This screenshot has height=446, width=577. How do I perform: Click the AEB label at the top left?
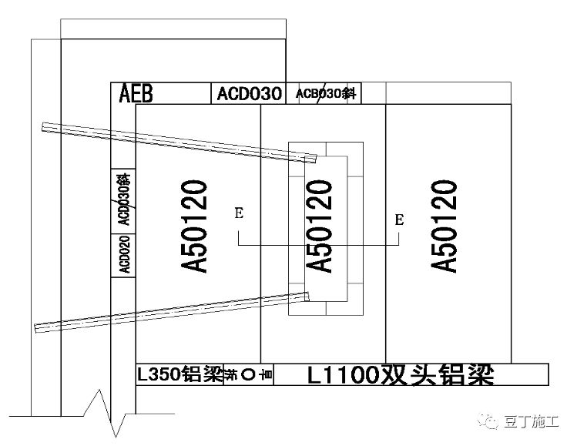(136, 94)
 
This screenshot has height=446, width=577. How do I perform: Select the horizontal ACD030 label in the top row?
(247, 94)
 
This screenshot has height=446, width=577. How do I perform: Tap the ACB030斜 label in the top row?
(324, 94)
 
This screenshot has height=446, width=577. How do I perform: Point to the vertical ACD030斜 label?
(123, 200)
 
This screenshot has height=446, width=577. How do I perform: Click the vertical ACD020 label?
(123, 253)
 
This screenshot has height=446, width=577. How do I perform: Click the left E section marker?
(239, 214)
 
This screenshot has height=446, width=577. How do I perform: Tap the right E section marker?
(399, 220)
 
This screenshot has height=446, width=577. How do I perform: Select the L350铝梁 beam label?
(179, 375)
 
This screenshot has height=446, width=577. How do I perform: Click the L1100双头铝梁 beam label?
(399, 375)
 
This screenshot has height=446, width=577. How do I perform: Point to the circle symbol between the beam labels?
(247, 375)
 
